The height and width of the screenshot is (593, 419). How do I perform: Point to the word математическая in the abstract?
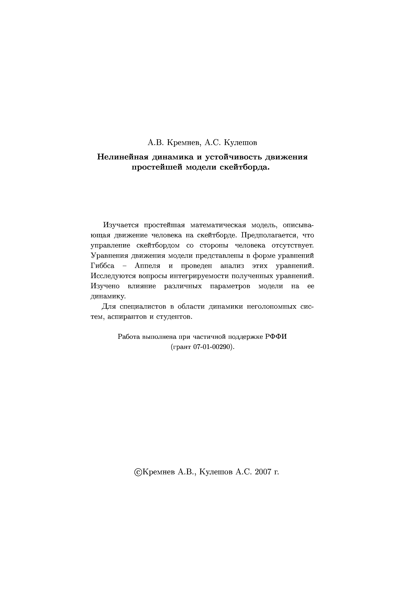coord(218,225)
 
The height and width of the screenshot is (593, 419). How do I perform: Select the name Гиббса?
coord(102,266)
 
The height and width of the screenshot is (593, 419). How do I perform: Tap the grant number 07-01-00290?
coord(213,347)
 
